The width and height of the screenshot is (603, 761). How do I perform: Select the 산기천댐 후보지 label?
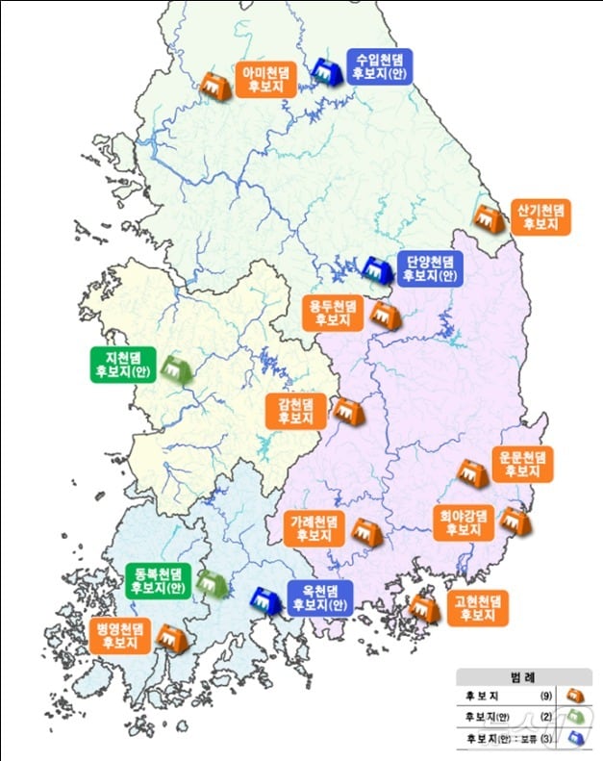pos(541,216)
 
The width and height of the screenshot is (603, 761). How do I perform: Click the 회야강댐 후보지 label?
pos(463,521)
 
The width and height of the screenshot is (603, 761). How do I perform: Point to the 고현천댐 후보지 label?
pos(477,608)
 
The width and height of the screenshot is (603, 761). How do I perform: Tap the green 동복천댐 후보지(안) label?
pos(158,580)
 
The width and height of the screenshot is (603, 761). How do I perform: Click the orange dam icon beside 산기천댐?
pos(488,219)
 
